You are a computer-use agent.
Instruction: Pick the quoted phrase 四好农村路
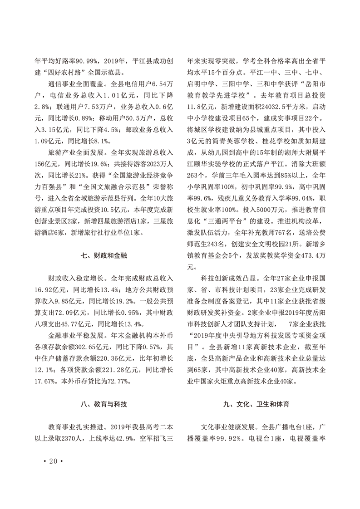(67, 72)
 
